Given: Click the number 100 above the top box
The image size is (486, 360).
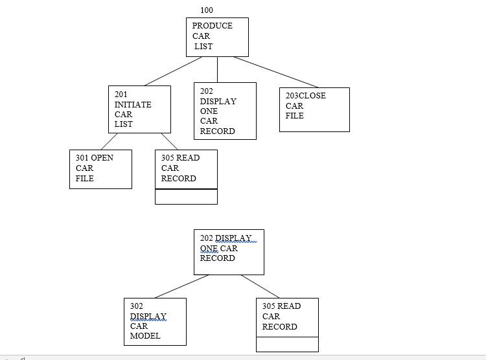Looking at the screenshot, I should click(x=207, y=10).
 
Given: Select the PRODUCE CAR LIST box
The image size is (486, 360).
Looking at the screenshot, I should click(x=217, y=37).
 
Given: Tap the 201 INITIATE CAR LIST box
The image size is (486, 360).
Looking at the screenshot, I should click(x=139, y=109).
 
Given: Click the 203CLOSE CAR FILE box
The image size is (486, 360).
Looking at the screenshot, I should click(x=314, y=109).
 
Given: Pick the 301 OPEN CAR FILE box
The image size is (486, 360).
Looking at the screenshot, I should click(x=100, y=169).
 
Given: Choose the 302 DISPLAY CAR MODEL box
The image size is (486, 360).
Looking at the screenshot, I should click(x=155, y=321).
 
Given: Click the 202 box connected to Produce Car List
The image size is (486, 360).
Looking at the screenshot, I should click(x=225, y=111).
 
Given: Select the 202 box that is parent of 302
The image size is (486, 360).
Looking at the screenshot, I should click(x=229, y=252).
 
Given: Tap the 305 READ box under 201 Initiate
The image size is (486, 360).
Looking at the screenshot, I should click(x=186, y=169).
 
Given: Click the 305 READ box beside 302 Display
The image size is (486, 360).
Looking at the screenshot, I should click(x=287, y=317).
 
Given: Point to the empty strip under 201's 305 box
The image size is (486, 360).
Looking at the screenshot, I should click(x=186, y=197).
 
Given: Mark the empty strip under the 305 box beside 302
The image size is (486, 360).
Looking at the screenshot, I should click(x=287, y=344).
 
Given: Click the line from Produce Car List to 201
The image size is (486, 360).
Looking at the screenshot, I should click(x=173, y=71).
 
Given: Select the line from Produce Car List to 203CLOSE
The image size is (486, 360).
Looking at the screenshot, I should click(x=276, y=72).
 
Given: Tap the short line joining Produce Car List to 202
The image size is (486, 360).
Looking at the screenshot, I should click(x=217, y=69).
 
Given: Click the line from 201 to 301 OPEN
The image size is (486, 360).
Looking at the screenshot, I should click(x=110, y=141).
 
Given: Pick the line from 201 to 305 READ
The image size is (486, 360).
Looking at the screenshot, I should click(x=169, y=141).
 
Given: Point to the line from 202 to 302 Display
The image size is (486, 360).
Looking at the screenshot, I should click(x=182, y=286).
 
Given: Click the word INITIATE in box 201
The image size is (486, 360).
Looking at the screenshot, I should click(x=133, y=104).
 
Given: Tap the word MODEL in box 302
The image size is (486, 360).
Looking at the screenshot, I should click(x=145, y=336).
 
